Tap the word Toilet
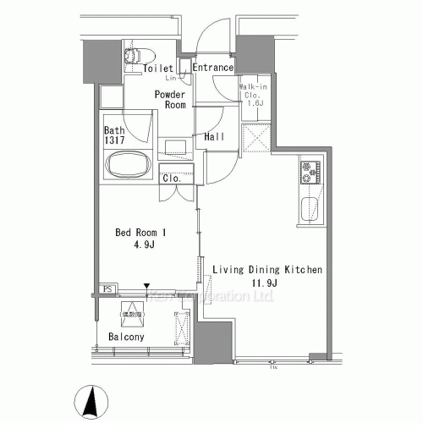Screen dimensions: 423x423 click(158, 69)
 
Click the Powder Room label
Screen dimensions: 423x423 click(169, 100)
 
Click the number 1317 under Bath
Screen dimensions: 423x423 click(116, 143)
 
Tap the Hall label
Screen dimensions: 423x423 click(214, 136)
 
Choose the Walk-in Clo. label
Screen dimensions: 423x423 click(254, 92)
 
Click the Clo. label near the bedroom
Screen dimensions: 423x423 click(173, 179)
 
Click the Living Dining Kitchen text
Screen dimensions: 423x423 click(266, 270)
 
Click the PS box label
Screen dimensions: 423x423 click(107, 289)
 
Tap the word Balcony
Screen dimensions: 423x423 click(126, 337)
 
